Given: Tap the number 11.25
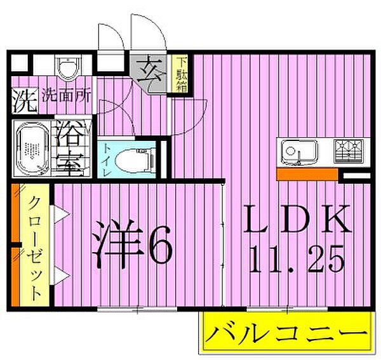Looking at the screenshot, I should tap(297, 258).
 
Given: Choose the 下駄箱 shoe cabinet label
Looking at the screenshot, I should tap(181, 74).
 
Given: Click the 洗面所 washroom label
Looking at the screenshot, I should tap(66, 97).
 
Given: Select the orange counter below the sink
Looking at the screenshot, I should tap(307, 173).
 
